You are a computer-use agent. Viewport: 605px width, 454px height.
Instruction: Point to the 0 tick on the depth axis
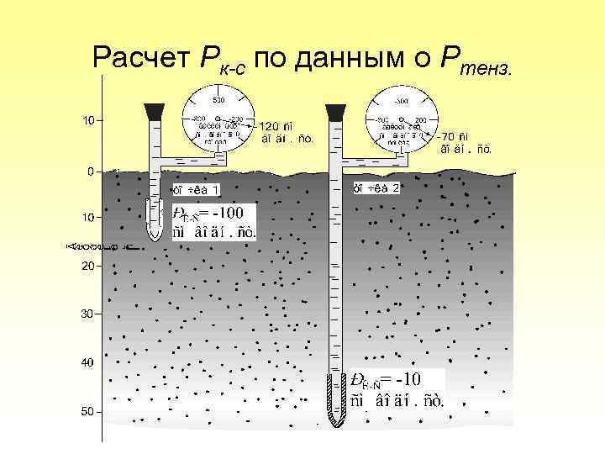pos(91,171)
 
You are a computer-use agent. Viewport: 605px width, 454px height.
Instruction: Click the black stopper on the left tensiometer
pos(155,111)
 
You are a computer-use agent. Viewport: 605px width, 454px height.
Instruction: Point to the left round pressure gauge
pos(218,118)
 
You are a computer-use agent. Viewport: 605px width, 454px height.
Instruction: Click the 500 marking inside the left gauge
pos(218,101)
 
